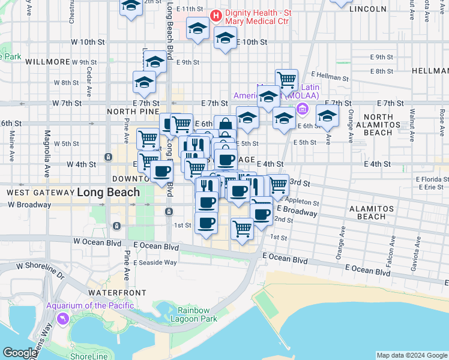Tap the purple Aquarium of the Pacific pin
point(62,319)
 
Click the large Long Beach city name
point(108,193)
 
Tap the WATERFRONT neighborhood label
point(117,292)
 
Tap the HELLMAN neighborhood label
point(430,71)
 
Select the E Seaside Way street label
point(155,262)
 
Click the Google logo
point(20,353)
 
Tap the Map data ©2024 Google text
point(411,355)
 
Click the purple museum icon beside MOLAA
point(302,109)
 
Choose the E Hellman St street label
point(328,77)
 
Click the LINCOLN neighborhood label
point(367,9)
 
